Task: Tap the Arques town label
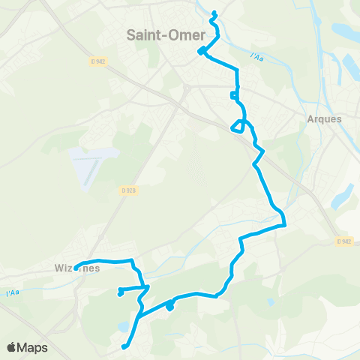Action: pos(324,118)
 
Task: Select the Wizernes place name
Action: pos(77,268)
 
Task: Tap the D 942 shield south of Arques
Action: pos(344,241)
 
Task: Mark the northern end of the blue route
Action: pos(214,12)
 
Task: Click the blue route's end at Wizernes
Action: pos(76,268)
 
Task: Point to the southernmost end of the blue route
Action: pos(124,346)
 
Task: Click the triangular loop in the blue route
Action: pos(238,125)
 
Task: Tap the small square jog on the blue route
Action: pos(235,95)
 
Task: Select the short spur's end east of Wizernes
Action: pos(120,292)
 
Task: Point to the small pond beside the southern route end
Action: pos(121,325)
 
